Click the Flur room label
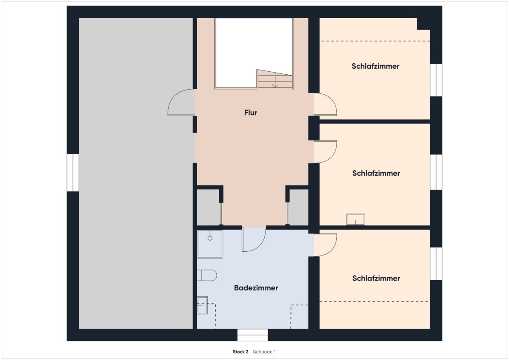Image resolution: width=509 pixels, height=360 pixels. [x=251, y=112]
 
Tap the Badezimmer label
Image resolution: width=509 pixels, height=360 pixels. [x=256, y=288]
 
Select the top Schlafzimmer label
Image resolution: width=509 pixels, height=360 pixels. [x=375, y=66]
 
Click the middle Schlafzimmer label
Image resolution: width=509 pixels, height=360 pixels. [x=376, y=173]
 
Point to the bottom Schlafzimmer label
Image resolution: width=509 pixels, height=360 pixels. [x=376, y=278]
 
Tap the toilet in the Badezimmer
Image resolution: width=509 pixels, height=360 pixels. [x=207, y=276]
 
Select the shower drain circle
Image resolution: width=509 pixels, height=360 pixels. [x=210, y=238]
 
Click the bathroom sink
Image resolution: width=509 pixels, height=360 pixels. [x=202, y=305]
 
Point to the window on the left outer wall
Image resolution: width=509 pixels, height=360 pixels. [x=73, y=173]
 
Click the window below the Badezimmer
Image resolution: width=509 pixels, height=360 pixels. [x=253, y=335]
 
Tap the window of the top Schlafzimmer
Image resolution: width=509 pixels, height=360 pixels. [x=436, y=80]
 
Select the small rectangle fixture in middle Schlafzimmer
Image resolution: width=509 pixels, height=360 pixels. [x=355, y=219]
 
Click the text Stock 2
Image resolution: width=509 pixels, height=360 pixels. [x=241, y=352]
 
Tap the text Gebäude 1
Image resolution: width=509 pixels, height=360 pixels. [x=264, y=352]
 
